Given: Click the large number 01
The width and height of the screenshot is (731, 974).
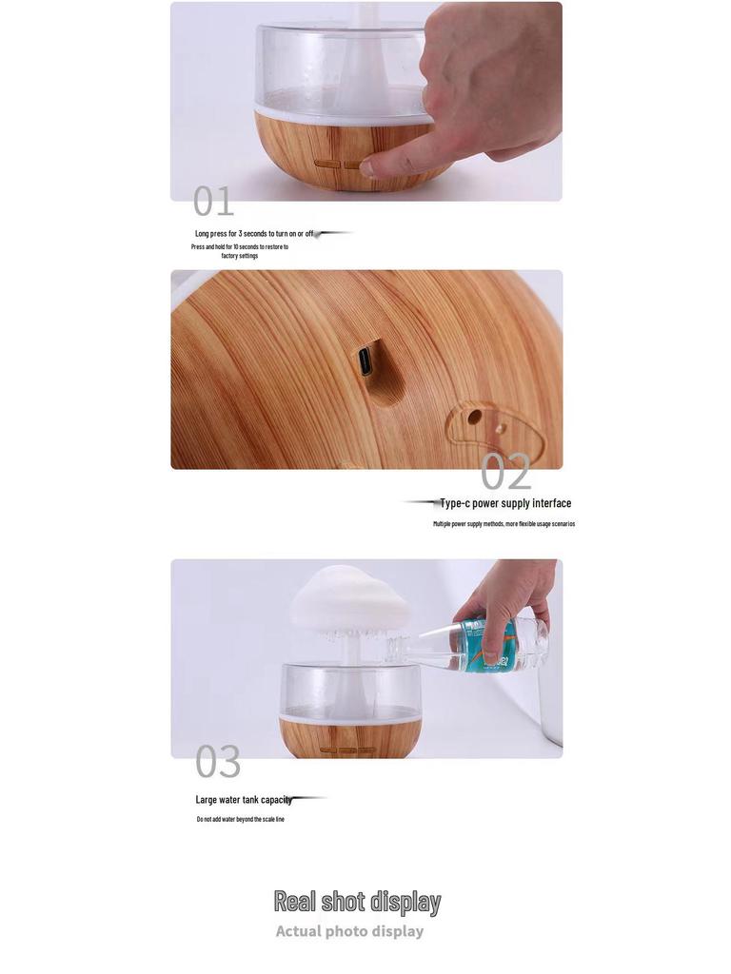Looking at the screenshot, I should [213, 202].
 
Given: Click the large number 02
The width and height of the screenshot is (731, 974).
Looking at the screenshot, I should [505, 471].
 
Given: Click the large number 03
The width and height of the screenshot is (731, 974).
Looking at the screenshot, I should [218, 762].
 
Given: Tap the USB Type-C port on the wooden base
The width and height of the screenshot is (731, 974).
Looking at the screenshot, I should [365, 361].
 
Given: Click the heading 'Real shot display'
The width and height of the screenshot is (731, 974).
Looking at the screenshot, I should [357, 901].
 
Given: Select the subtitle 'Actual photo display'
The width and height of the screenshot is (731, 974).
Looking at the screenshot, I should [349, 931].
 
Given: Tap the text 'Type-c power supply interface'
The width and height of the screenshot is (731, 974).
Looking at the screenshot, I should [505, 503].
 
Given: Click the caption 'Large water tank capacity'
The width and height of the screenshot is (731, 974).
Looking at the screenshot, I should [244, 800].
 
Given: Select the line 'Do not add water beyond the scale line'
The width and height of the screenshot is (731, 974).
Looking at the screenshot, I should [240, 819].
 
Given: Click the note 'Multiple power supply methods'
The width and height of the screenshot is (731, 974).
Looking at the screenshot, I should [504, 524].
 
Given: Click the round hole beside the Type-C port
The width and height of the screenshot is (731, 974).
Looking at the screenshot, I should [474, 417].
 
